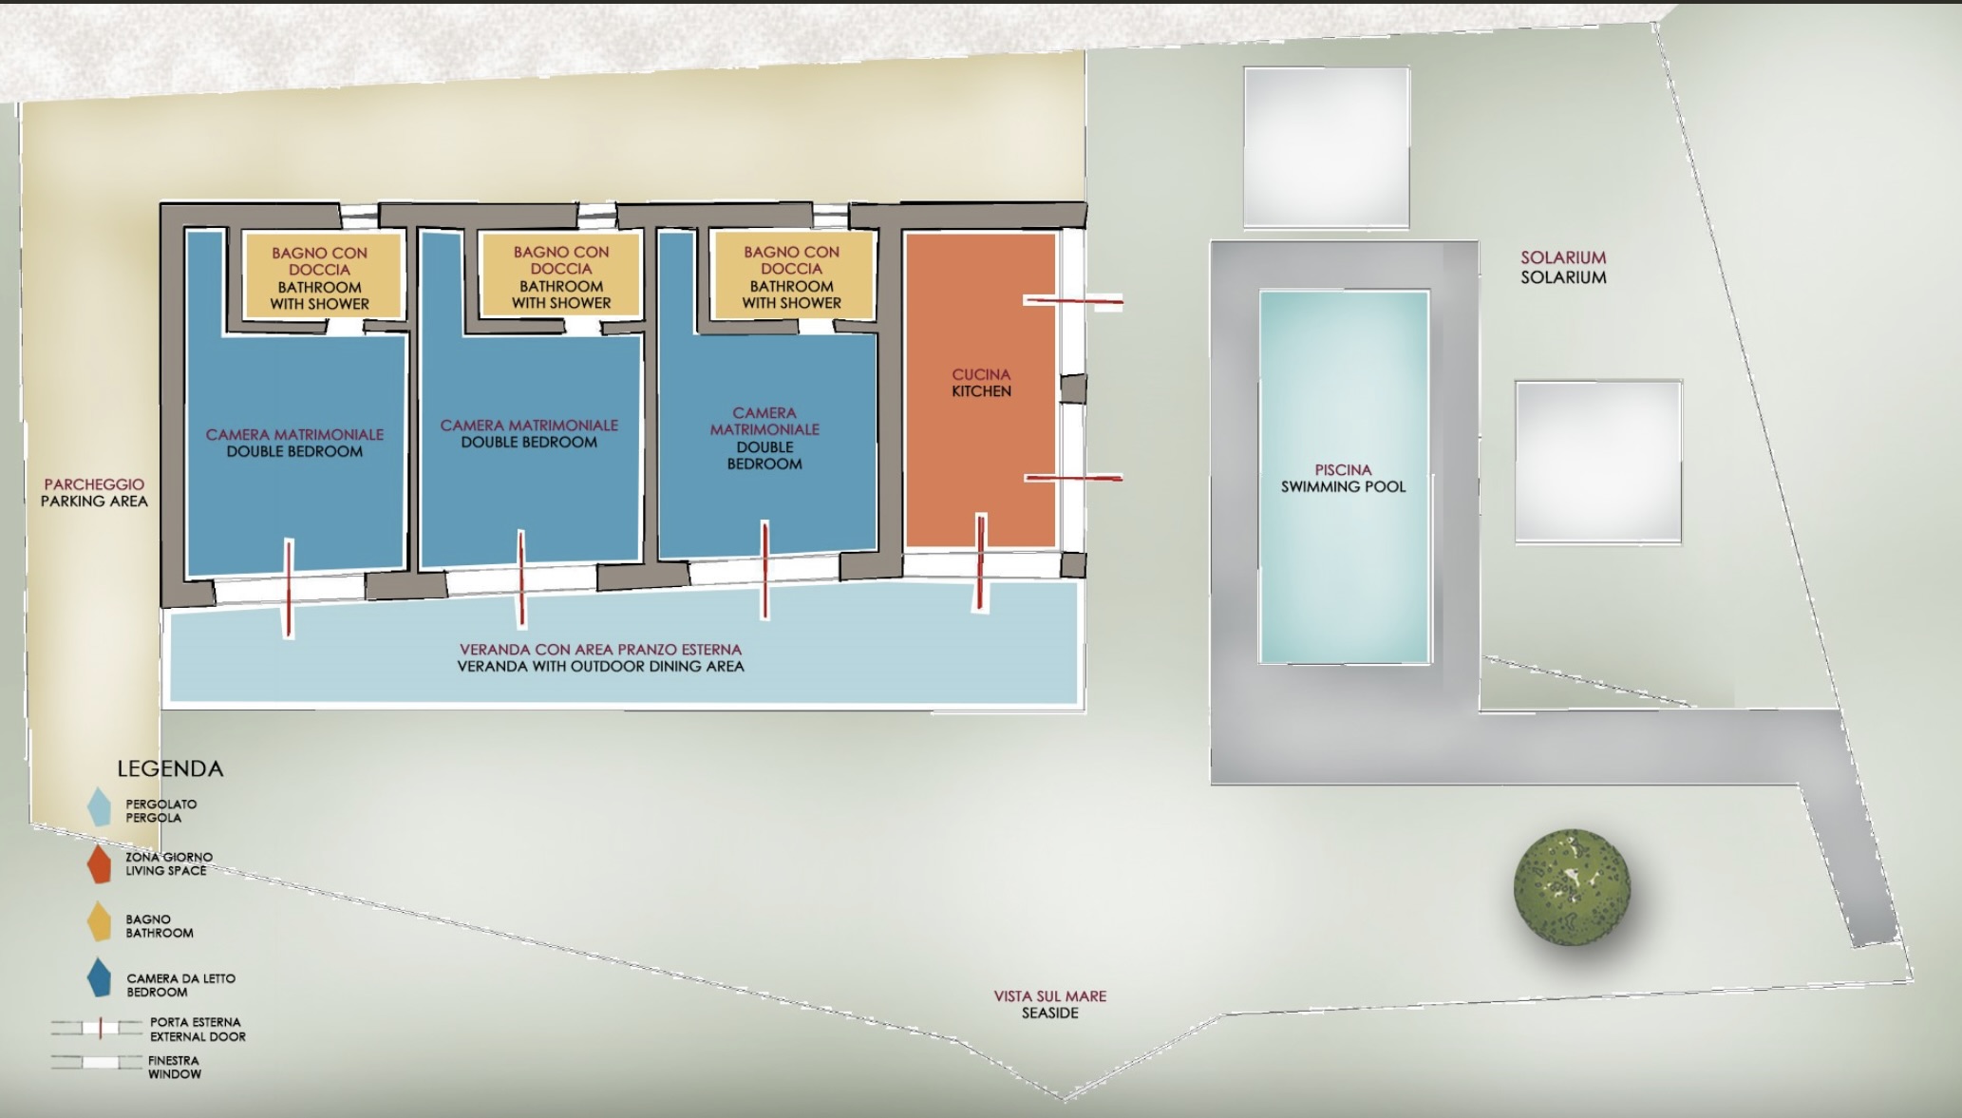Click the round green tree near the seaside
pos(1572,887)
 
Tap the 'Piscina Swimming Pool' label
pos(1343,478)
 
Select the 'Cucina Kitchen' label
pos(981,383)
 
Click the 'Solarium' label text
pos(1563,267)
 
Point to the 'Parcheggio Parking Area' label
pos(94,492)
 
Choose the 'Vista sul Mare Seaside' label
pos(1049,1004)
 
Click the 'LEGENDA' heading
pos(170,768)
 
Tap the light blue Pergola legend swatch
pos(99,806)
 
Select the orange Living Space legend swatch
pos(99,863)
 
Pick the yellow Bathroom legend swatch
pos(99,921)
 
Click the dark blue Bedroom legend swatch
pos(99,977)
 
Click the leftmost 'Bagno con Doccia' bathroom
pos(319,276)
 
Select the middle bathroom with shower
pos(560,275)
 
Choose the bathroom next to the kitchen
pos(791,275)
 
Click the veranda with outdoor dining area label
pos(600,657)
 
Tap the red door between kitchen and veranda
pos(981,562)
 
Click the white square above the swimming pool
pos(1326,146)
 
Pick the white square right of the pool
pos(1598,462)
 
